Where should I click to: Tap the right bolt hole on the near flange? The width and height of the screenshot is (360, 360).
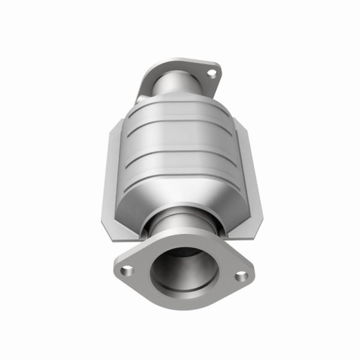point(241,276)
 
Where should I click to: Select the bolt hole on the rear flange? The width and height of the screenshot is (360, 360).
point(211,74)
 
